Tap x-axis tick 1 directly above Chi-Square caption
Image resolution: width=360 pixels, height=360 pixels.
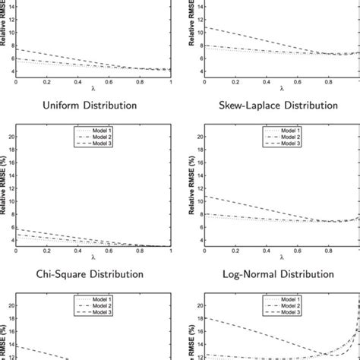(x=172, y=250)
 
